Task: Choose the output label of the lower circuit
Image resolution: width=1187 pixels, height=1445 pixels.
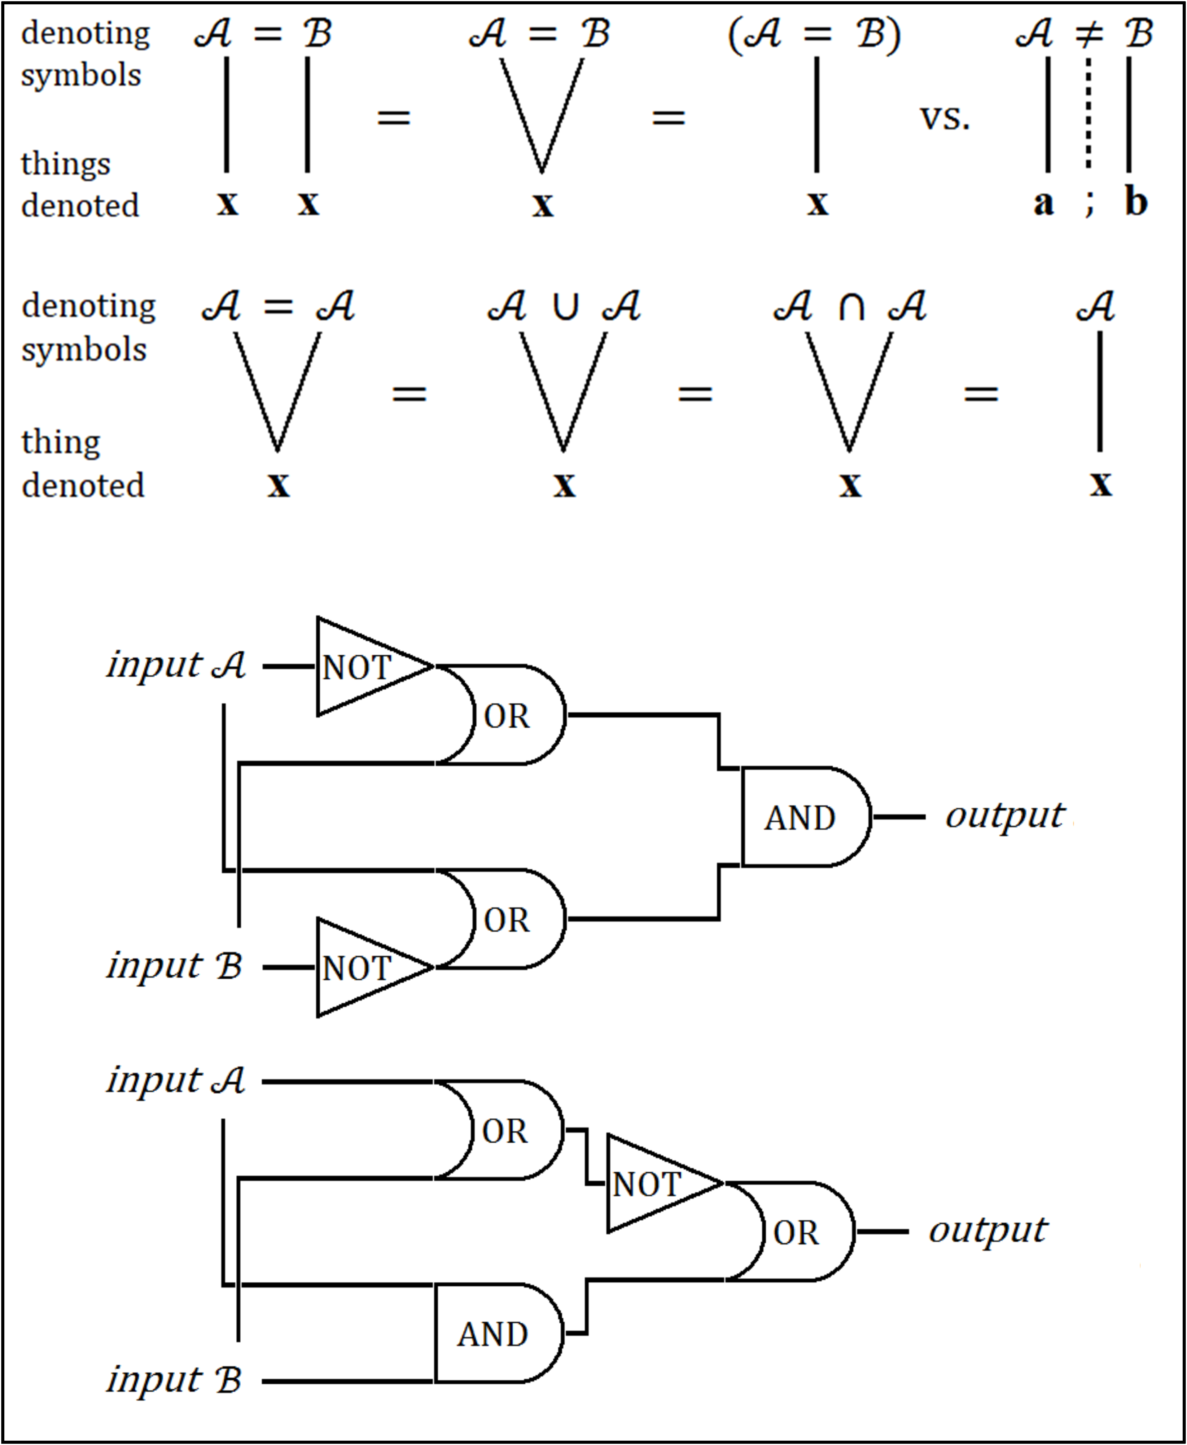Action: coord(987,1231)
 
